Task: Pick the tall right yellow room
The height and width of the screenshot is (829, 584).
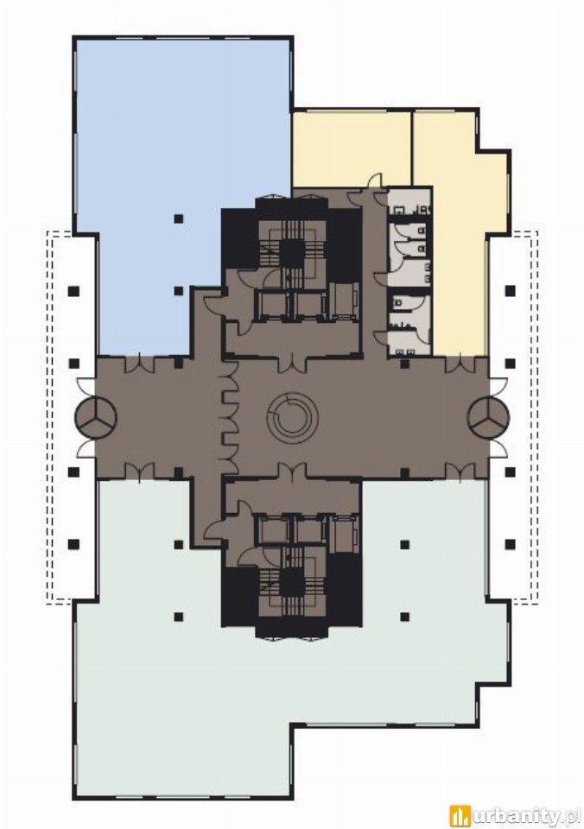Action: click(458, 232)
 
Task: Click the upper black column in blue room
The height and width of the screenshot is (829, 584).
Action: click(179, 218)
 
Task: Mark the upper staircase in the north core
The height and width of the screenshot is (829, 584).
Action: click(290, 244)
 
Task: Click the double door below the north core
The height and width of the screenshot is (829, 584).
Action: click(292, 363)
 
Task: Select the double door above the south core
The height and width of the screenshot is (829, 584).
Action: click(292, 471)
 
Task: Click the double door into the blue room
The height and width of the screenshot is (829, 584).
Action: click(140, 363)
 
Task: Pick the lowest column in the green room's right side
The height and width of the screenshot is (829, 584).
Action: click(405, 616)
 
